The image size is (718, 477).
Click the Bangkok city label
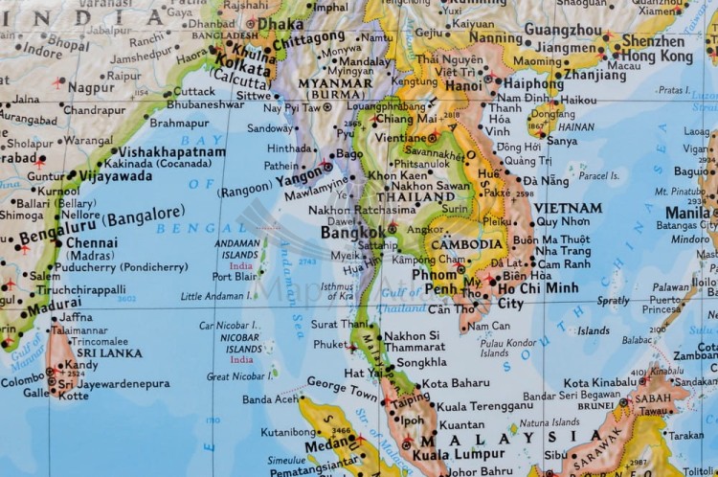coord(352,232)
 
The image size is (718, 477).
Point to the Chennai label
coord(93,243)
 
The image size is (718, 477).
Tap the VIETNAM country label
coord(568,207)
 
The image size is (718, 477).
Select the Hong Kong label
coord(656,57)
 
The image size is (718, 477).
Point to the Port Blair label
coord(235,276)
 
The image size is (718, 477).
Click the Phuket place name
coord(331,344)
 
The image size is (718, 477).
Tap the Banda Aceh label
coord(269,398)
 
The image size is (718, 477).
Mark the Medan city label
coord(322,443)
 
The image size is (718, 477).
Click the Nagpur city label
coord(91,86)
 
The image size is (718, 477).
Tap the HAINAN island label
coord(576,125)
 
